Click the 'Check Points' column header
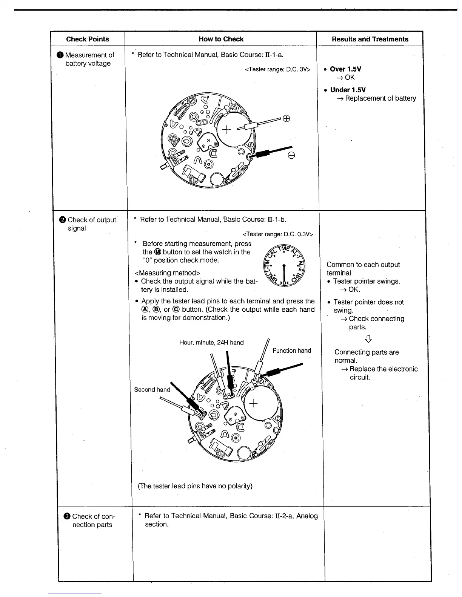click(x=88, y=39)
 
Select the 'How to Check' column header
click(x=221, y=39)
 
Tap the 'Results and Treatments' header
click(x=370, y=39)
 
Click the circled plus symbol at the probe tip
click(x=286, y=119)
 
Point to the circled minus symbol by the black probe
click(x=291, y=156)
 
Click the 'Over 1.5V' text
click(x=345, y=69)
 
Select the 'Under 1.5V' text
click(x=348, y=90)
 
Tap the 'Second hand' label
click(x=152, y=390)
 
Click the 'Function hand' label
click(x=292, y=351)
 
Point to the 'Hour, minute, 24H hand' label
click(x=211, y=343)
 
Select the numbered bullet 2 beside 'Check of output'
click(x=63, y=220)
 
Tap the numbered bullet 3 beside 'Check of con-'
click(x=67, y=517)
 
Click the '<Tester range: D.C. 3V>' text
click(x=277, y=69)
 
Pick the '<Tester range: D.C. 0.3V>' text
click(x=279, y=234)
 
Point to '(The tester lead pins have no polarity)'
click(x=195, y=486)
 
